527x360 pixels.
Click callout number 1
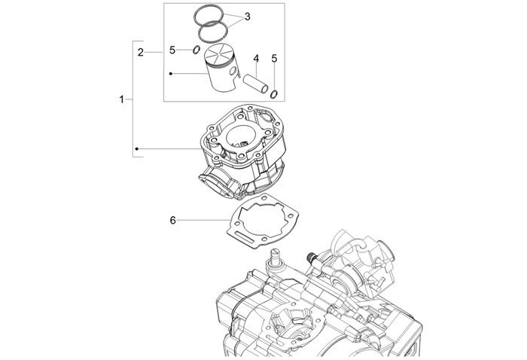click(x=122, y=99)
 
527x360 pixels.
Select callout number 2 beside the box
click(x=141, y=52)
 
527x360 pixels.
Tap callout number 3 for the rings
click(x=248, y=17)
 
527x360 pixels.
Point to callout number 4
click(x=256, y=58)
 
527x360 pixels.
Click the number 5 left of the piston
click(x=172, y=50)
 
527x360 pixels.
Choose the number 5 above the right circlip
click(x=275, y=58)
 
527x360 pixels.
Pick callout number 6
click(x=172, y=221)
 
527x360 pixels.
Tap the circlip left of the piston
click(x=194, y=50)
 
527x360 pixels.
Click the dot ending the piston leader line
click(x=172, y=74)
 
